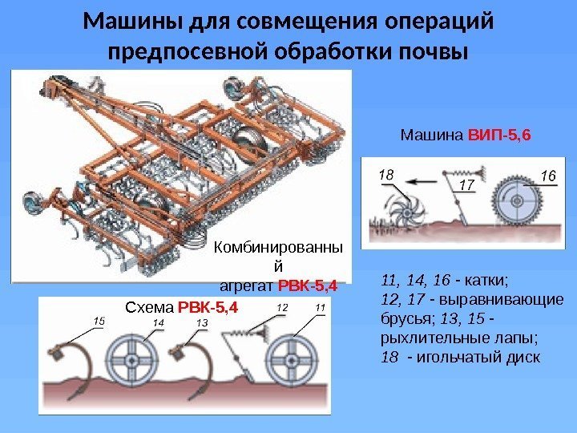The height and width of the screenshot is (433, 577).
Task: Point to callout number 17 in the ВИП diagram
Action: [x=467, y=186]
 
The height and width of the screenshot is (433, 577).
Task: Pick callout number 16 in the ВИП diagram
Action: [x=548, y=174]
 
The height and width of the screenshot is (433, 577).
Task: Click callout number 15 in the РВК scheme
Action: [x=99, y=320]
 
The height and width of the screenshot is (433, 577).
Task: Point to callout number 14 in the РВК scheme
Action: [x=159, y=322]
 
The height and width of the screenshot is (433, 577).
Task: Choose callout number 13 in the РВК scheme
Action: [x=201, y=322]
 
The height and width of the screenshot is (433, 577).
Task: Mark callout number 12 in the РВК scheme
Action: [x=282, y=307]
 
